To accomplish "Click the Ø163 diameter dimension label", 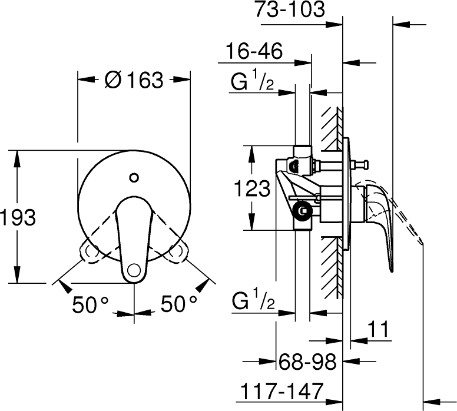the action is pos(134,80).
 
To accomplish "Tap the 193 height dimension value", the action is pos(18,217).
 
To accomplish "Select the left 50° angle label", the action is pos(90,304).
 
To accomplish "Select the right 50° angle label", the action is pos(179,304).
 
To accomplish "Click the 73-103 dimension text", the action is pos(290,9).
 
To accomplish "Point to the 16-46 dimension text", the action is pos(254,51).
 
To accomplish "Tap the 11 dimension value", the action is pos(378,329).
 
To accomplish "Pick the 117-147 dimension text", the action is pos(282,391).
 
